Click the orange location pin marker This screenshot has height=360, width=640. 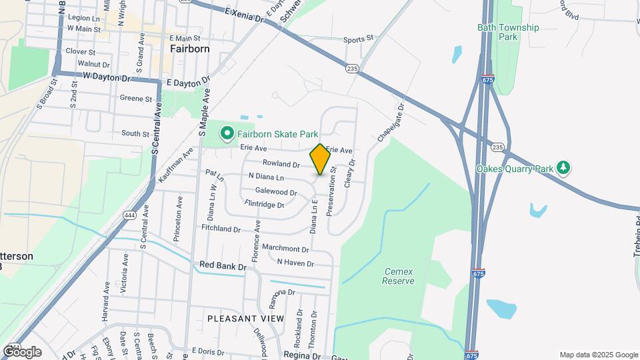[320, 159]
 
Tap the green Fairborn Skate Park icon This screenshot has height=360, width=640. [227, 134]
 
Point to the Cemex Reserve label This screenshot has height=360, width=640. [398, 276]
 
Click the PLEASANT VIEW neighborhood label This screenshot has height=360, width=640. [245, 319]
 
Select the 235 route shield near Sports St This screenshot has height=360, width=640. [353, 68]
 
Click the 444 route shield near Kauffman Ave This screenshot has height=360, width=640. [129, 215]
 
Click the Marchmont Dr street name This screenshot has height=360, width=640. [285, 249]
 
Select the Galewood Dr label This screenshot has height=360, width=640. [272, 192]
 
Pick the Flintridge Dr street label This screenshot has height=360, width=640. [265, 204]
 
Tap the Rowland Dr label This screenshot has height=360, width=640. [281, 163]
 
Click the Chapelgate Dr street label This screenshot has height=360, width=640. [391, 121]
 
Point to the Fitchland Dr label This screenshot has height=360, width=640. [221, 229]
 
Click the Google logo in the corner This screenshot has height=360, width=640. [22, 352]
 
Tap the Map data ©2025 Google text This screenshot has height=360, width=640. [597, 355]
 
